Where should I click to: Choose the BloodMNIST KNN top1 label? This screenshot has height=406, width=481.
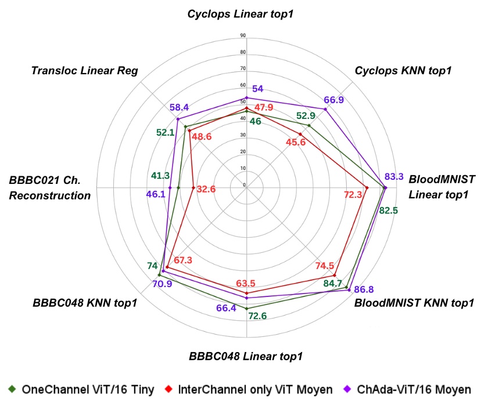(x=414, y=302)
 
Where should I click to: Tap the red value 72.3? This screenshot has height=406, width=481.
(x=353, y=195)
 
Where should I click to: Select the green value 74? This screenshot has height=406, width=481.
(x=153, y=266)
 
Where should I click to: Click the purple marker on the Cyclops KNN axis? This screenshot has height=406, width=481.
(x=325, y=109)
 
